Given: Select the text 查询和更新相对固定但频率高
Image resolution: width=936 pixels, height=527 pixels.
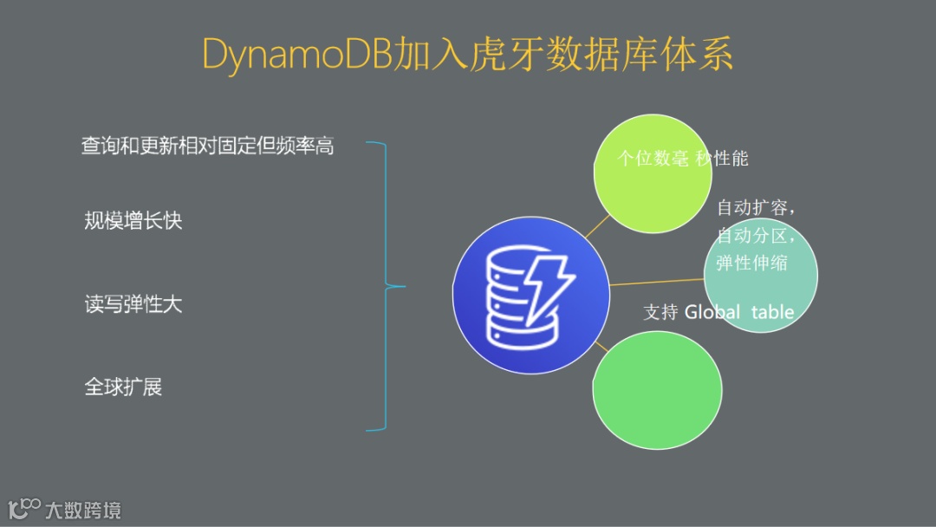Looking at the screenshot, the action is [207, 146].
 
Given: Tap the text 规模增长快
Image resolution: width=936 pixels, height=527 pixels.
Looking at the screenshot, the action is [133, 221].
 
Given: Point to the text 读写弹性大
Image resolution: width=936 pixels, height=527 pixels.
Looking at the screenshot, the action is [133, 304].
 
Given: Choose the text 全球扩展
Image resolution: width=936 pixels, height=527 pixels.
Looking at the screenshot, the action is [123, 387].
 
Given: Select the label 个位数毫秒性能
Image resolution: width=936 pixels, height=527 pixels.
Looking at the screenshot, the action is [682, 158].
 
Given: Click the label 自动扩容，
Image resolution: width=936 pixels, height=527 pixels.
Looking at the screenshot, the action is [756, 208].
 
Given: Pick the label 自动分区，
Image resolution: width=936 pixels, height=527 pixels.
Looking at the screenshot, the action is [756, 236].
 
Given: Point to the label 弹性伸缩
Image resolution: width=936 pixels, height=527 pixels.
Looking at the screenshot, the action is [751, 263].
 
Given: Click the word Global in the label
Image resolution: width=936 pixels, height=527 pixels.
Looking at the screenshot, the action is [712, 312].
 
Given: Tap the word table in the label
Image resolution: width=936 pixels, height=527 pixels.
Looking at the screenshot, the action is [772, 312].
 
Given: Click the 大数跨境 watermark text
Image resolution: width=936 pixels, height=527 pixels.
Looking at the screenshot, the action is [83, 509].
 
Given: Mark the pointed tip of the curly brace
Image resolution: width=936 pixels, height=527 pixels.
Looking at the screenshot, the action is [402, 286].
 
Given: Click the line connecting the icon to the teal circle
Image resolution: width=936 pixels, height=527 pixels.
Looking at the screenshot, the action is [656, 282].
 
